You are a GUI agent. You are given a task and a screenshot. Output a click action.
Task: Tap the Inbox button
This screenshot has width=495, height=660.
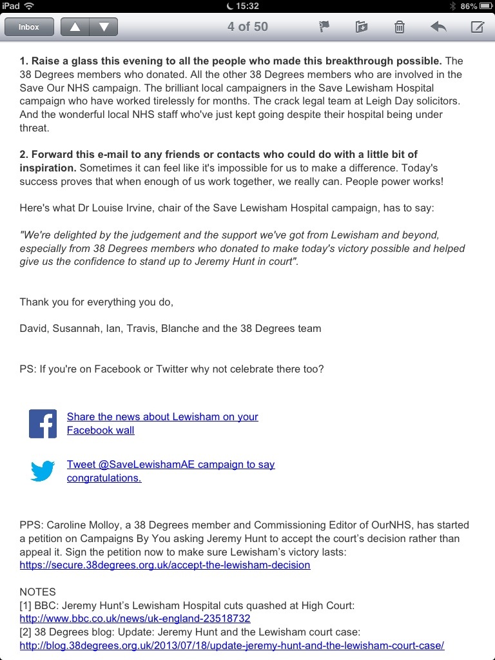[x=28, y=27]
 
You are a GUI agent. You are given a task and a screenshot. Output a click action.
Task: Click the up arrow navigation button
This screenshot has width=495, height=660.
[x=75, y=27]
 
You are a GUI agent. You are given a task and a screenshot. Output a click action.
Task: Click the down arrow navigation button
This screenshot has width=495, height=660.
[x=104, y=27]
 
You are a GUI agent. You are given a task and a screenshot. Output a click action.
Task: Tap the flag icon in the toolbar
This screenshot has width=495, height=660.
[x=324, y=27]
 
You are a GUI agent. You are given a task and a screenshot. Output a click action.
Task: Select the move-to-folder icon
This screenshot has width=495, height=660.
[x=362, y=27]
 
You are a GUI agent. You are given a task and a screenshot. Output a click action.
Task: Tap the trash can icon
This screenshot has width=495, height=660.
[x=400, y=27]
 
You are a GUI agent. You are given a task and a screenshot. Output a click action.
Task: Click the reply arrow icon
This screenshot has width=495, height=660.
[x=438, y=27]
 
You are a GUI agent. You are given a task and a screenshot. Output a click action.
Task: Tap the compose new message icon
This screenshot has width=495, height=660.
[x=477, y=27]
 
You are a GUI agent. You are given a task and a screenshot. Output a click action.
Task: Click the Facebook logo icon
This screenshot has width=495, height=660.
[x=43, y=423]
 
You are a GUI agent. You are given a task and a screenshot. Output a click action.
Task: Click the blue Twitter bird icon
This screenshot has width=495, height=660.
[x=43, y=471]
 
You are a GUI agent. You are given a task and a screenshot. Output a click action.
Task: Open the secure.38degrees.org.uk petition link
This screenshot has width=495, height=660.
[x=165, y=565]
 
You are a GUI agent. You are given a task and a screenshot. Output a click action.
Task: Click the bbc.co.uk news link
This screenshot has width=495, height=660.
[x=135, y=619]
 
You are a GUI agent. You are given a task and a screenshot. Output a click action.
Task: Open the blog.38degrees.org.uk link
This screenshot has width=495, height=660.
[x=232, y=645]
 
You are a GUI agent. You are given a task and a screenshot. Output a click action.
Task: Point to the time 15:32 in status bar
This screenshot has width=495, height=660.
[x=247, y=6]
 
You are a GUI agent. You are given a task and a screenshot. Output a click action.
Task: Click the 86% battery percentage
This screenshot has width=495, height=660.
[x=469, y=6]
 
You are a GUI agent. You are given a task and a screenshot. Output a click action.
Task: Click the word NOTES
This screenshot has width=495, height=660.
[x=38, y=592]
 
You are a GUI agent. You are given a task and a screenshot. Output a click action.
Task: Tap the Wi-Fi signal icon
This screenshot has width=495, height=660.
[x=30, y=6]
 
